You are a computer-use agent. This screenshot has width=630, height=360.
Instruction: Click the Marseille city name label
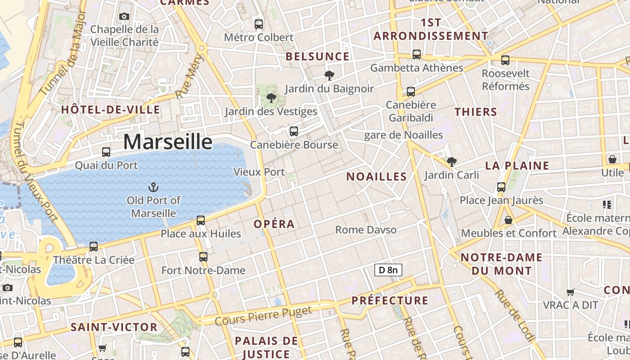point(167,142)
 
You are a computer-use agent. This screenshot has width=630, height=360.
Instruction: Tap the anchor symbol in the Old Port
point(153,187)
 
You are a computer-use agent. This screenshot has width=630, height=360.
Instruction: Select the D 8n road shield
point(388,270)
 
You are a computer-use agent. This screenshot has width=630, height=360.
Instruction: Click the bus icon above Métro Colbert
point(259,24)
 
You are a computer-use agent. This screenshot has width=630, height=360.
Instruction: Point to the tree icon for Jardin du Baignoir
point(329,76)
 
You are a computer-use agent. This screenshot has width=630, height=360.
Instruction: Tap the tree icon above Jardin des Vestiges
point(271,98)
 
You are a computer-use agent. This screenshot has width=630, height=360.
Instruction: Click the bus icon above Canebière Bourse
point(294,131)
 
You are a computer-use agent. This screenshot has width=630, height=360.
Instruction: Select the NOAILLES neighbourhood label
point(377,177)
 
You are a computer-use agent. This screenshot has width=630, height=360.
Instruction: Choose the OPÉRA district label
point(274,224)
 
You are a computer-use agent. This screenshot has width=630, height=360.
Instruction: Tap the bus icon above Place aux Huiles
point(201,220)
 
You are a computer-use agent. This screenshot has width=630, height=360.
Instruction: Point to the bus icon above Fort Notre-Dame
point(203,257)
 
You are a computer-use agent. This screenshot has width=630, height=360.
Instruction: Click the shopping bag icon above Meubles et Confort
point(508,220)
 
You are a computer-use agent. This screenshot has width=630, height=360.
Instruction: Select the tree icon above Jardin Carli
point(452,162)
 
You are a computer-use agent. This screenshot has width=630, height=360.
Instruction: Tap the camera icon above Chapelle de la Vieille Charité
point(124,17)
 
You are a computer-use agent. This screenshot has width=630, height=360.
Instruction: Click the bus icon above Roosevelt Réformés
point(505,60)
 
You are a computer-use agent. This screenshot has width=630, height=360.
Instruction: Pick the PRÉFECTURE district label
point(390,301)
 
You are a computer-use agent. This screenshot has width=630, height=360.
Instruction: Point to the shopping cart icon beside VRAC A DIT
point(571,292)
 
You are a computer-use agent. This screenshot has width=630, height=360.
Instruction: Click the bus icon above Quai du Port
point(106,152)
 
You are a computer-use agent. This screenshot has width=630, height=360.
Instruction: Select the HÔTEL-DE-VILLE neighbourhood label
point(110,110)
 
